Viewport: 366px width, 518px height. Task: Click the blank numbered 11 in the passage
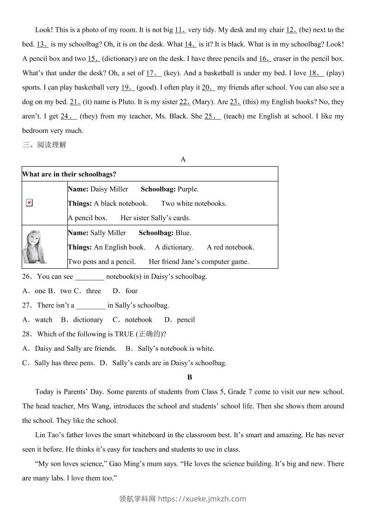tap(180, 30)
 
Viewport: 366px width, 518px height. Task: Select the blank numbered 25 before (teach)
tap(213, 116)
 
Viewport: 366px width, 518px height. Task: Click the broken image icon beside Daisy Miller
tap(29, 203)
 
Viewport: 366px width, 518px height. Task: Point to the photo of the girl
tap(35, 247)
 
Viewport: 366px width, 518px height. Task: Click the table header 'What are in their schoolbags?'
tap(69, 174)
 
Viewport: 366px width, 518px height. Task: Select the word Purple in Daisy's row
tap(187, 189)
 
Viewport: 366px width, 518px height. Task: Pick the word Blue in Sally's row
tap(183, 233)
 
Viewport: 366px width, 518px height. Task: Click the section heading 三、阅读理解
tap(44, 145)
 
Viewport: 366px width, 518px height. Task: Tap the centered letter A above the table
tap(183, 159)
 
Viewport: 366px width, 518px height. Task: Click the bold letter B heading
tap(190, 377)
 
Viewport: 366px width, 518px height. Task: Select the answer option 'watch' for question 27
tap(43, 319)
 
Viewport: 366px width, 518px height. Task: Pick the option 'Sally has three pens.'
tap(65, 363)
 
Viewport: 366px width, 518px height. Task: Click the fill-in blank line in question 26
tap(90, 277)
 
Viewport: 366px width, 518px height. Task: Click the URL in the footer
tap(202, 499)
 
